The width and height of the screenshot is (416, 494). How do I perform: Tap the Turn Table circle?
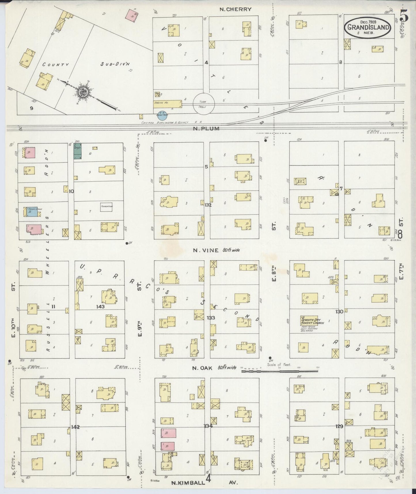(x=204, y=103)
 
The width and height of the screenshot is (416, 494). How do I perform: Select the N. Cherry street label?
(x=235, y=9)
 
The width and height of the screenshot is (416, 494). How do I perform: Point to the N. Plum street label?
(x=206, y=129)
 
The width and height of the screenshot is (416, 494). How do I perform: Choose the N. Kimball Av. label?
(x=204, y=483)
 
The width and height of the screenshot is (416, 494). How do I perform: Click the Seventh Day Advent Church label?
(x=312, y=321)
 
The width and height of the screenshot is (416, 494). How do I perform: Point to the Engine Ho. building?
(x=167, y=103)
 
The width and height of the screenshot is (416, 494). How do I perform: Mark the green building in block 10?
(x=77, y=152)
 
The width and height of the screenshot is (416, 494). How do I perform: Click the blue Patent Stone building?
(x=32, y=212)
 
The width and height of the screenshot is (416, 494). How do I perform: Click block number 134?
(x=208, y=426)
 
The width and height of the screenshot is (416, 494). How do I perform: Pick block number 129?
(x=339, y=426)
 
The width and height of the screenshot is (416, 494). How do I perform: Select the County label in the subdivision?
(x=56, y=65)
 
